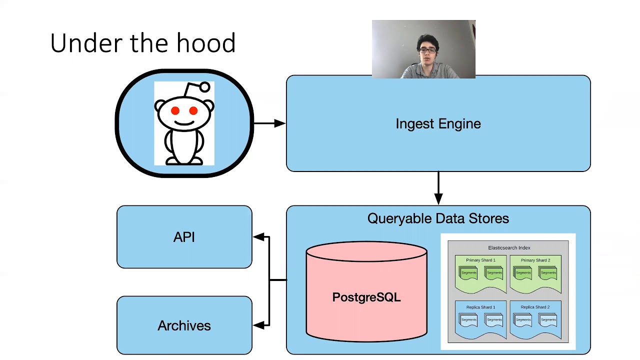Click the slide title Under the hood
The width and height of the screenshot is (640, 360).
pyautogui.click(x=143, y=43)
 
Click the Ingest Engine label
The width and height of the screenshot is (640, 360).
pyautogui.click(x=438, y=124)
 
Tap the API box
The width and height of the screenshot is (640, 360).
pyautogui.click(x=184, y=237)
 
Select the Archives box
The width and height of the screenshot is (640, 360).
pyautogui.click(x=184, y=325)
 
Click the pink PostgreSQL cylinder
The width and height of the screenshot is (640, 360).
pyautogui.click(x=366, y=297)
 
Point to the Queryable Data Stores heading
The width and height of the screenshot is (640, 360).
pyautogui.click(x=438, y=218)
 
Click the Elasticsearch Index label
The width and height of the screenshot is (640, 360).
pyautogui.click(x=509, y=248)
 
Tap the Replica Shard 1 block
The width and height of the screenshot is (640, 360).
pyautogui.click(x=480, y=320)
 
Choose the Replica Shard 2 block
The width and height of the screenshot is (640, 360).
pyautogui.click(x=535, y=320)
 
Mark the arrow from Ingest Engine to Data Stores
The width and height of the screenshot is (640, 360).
pyautogui.click(x=438, y=188)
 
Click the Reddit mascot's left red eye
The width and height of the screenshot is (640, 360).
pyautogui.click(x=175, y=111)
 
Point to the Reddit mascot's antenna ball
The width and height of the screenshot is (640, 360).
pyautogui.click(x=204, y=88)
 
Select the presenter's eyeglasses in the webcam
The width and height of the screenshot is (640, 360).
pyautogui.click(x=427, y=50)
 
